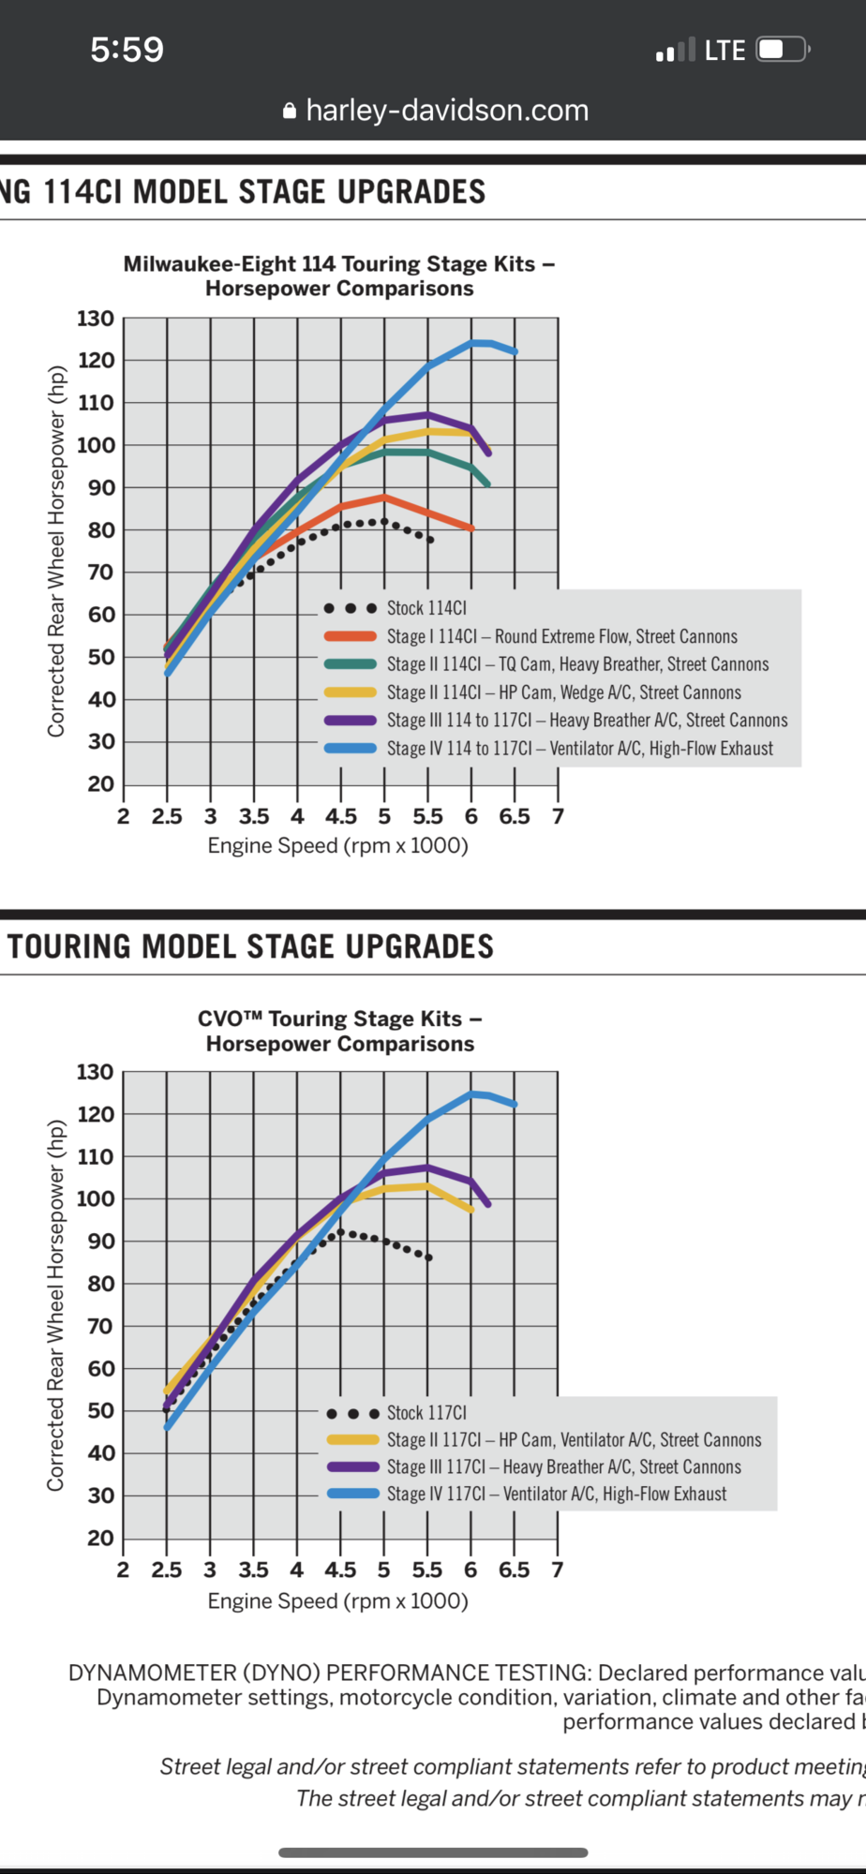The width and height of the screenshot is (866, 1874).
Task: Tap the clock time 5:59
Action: click(x=127, y=49)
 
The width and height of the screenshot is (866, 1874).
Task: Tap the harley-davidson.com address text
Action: click(x=447, y=111)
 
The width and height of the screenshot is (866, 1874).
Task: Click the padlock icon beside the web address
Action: click(x=290, y=112)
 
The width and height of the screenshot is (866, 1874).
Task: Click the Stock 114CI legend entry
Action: click(x=426, y=608)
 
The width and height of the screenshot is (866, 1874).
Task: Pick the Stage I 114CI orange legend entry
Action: click(x=561, y=636)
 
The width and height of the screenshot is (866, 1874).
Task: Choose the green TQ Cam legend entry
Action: click(x=577, y=664)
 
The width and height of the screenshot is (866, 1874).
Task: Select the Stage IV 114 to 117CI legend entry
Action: click(x=579, y=749)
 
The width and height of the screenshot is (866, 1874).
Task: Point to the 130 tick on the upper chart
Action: click(x=96, y=319)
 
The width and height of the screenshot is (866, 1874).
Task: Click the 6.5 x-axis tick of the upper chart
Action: click(x=515, y=817)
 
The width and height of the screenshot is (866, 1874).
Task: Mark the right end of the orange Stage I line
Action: click(x=471, y=528)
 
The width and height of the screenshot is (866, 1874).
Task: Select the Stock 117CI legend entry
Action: click(x=426, y=1412)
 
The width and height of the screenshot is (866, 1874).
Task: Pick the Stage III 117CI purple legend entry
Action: click(x=563, y=1466)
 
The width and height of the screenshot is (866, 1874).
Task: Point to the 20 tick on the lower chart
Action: click(x=100, y=1538)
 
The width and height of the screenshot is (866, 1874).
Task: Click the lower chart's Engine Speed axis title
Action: click(x=337, y=1600)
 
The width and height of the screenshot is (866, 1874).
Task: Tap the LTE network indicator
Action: click(x=724, y=50)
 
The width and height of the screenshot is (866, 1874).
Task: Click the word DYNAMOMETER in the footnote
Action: click(x=152, y=1673)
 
